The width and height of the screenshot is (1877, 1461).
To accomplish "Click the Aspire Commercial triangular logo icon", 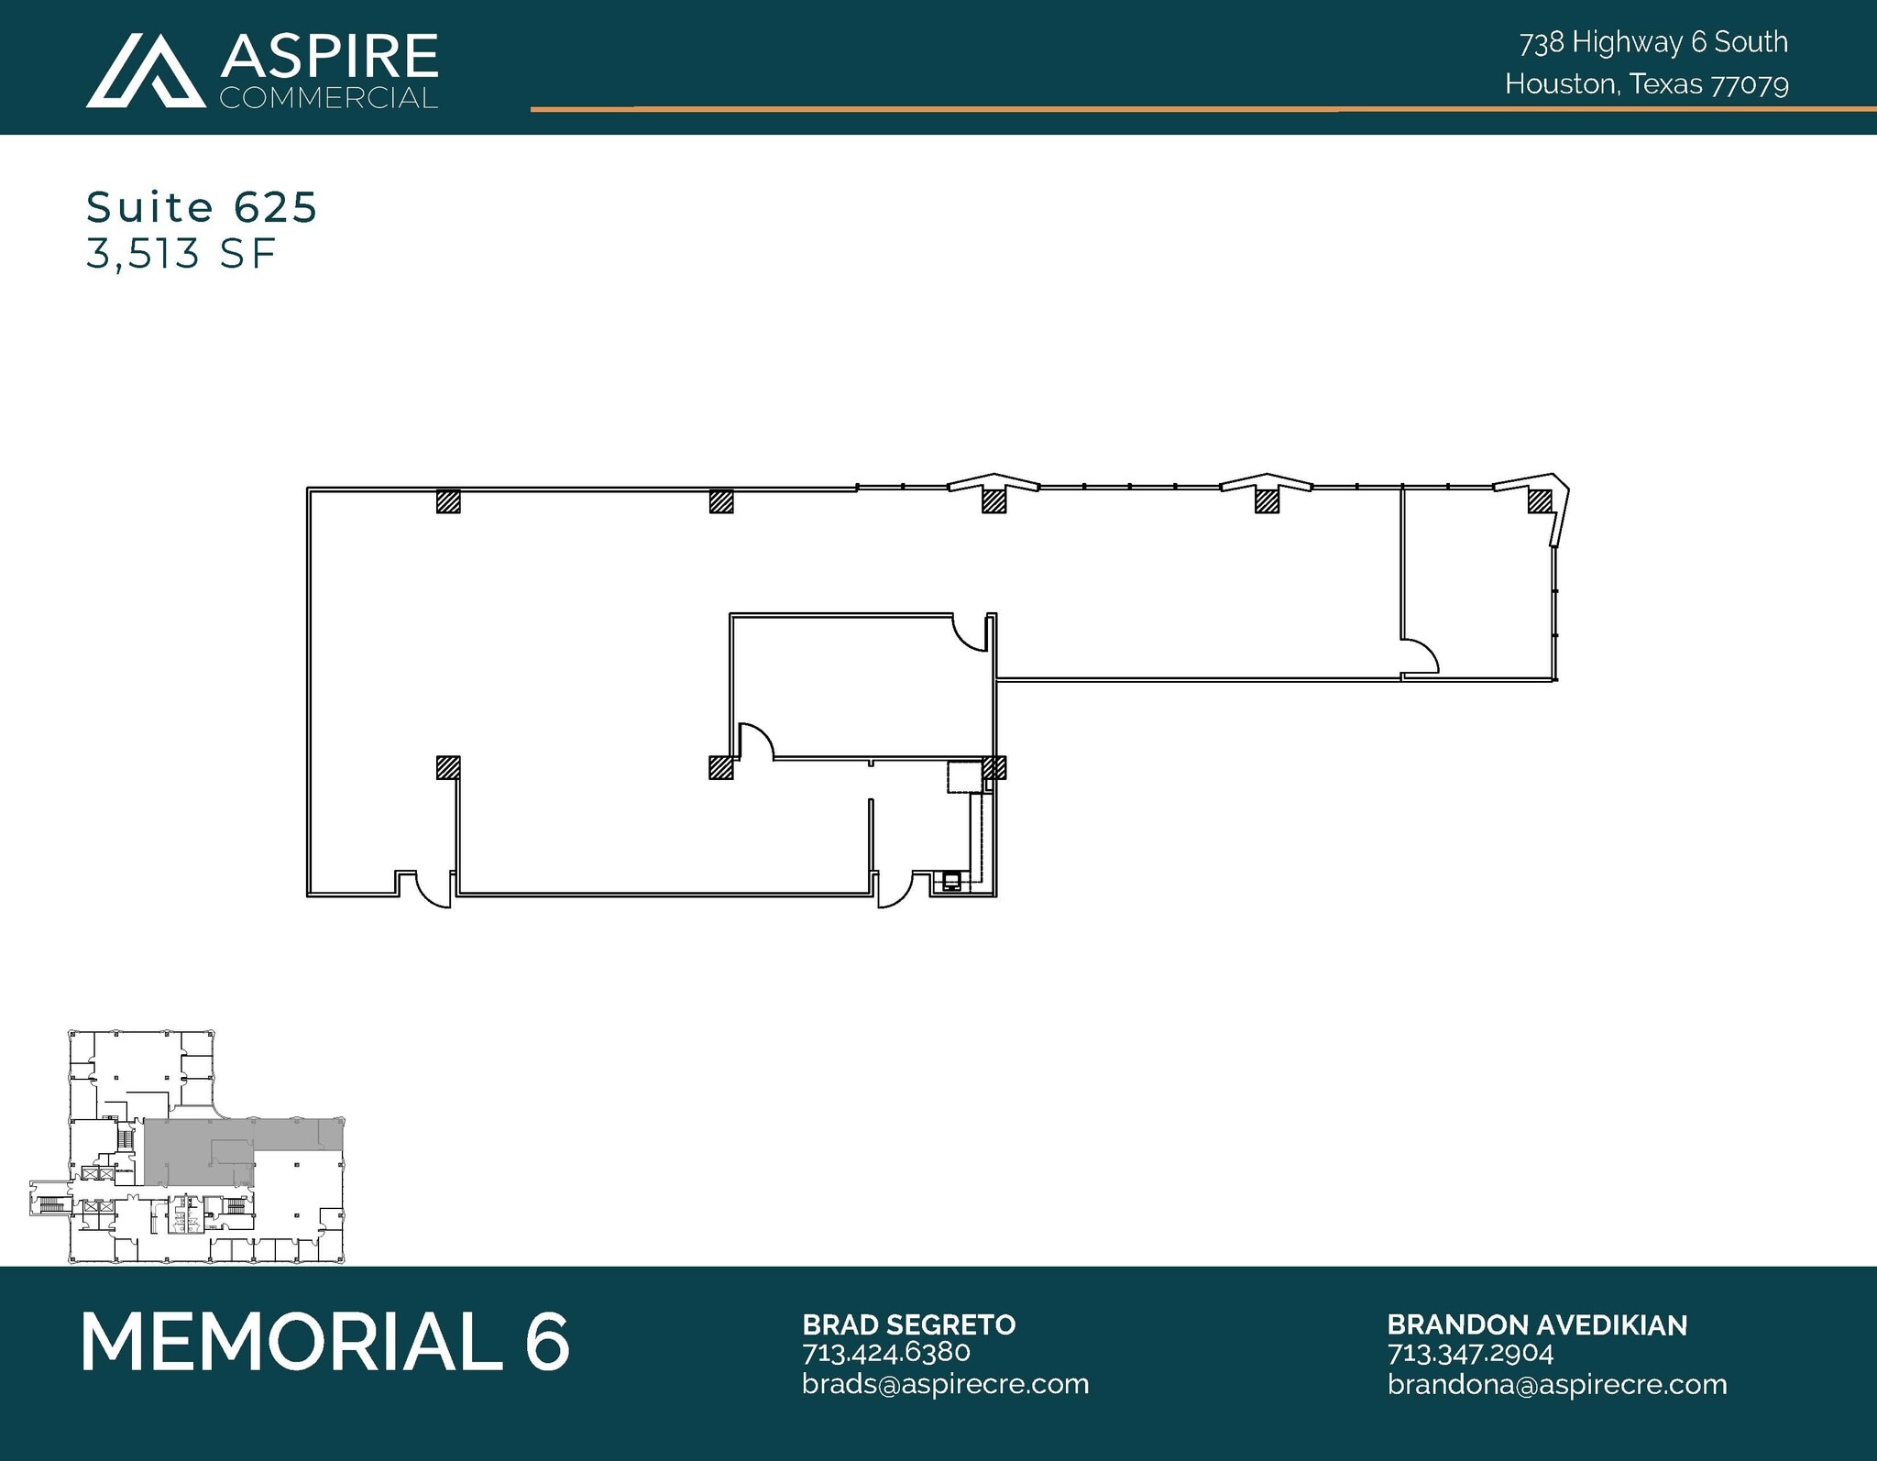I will pos(145,71).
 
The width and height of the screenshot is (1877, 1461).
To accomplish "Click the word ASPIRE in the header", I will pos(328,56).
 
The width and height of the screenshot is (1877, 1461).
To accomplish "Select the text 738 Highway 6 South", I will pos(1652,42).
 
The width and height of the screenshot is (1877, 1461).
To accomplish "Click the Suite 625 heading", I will pos(202,207).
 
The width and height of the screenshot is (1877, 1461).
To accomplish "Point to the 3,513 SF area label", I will pos(181,254).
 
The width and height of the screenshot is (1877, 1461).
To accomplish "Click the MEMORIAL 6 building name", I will pos(325,1342).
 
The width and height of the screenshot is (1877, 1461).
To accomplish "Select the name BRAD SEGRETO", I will pos(908,1324).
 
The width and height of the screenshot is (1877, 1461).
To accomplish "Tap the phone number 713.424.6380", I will pos(885,1352).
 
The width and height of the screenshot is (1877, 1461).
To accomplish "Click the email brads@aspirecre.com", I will pos(945,1383).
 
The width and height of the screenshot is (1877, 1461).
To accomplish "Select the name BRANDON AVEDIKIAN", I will pos(1536,1324).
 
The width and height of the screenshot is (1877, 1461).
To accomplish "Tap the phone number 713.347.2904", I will pos(1470,1353).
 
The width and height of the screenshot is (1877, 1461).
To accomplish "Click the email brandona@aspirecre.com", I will pos(1556,1384).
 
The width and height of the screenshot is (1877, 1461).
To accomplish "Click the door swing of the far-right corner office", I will pos(1421,656).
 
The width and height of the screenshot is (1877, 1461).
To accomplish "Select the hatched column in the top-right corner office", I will pos(1539,500).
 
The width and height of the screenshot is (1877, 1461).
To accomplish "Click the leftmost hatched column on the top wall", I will pos(447,501).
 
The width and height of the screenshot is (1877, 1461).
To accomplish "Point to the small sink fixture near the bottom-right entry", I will pos(952,882).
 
